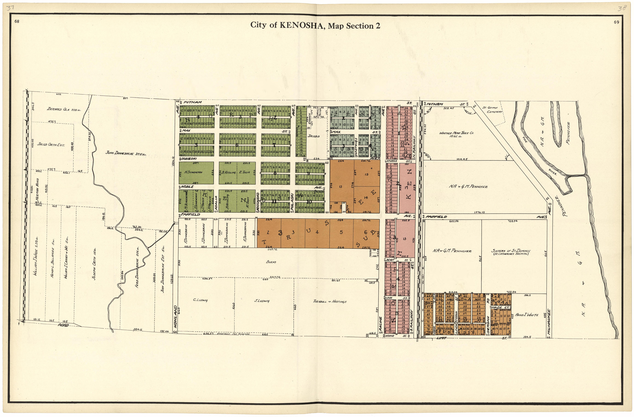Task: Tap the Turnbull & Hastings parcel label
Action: click(329, 302)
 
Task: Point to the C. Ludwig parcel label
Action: click(200, 300)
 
